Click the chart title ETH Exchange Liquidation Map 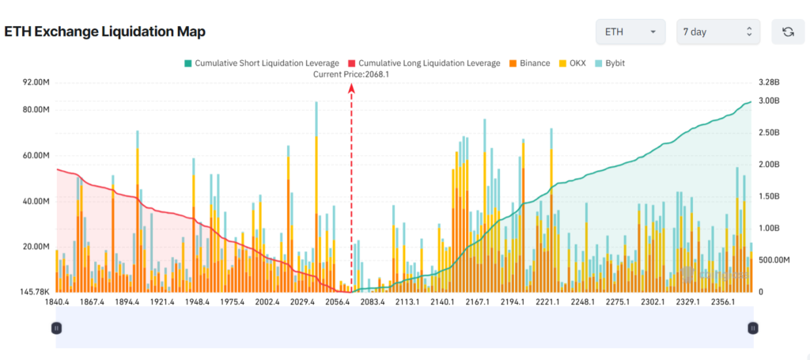[105, 32]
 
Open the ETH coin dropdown [630, 32]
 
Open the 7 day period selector [717, 32]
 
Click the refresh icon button [788, 32]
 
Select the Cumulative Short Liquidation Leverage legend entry [260, 63]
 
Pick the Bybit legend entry [615, 63]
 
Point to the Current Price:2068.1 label [351, 74]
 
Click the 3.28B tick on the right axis [769, 81]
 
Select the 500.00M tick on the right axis [775, 260]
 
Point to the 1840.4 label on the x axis [58, 302]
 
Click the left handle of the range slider [56, 328]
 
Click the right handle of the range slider [753, 328]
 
